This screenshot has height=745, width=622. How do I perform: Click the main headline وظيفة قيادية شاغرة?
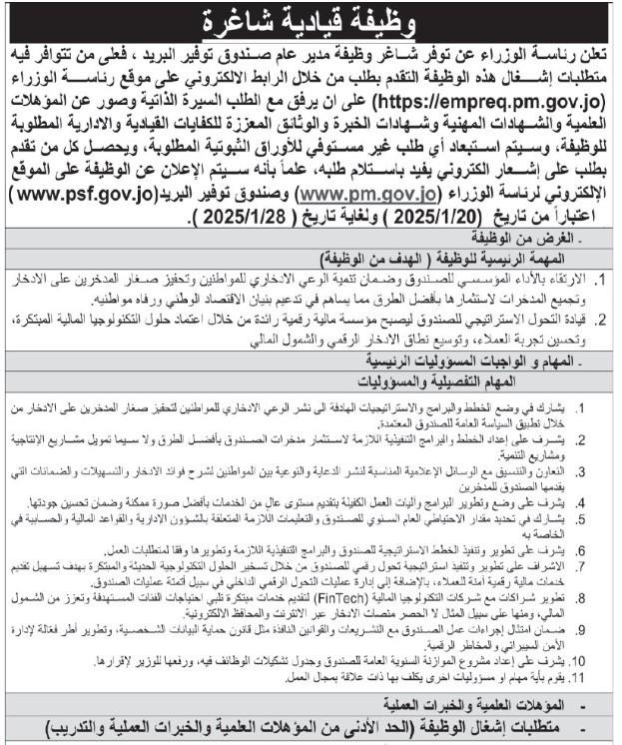(x=310, y=20)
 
